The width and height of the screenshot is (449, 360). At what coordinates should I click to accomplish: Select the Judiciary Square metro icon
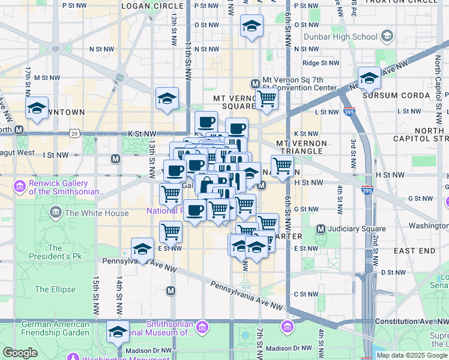tap(321, 229)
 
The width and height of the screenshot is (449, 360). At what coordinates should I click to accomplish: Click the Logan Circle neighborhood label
tap(143, 6)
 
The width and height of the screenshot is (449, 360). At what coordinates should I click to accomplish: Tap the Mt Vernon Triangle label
tap(301, 148)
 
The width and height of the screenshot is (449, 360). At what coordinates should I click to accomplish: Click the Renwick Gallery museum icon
tap(20, 187)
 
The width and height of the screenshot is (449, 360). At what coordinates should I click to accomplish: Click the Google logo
tap(20, 353)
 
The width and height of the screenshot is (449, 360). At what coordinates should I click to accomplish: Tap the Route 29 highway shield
tap(74, 131)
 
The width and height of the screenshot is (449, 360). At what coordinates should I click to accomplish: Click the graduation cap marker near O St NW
tap(252, 26)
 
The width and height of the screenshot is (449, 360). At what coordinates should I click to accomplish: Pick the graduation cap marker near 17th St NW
tap(37, 109)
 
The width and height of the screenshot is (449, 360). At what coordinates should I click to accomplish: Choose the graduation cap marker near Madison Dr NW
tap(118, 332)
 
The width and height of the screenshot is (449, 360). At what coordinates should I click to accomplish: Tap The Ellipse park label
tap(55, 289)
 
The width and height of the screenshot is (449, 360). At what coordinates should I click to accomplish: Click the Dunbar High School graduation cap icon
tap(387, 37)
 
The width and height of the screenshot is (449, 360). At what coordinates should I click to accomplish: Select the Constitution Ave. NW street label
tap(411, 322)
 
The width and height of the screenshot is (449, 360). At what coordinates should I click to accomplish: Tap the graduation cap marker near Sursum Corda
tap(369, 78)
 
